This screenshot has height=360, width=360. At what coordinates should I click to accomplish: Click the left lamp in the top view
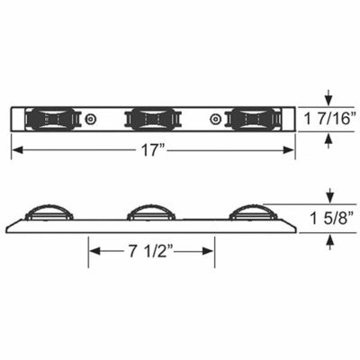(48, 119)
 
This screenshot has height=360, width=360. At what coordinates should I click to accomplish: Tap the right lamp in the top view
(253, 119)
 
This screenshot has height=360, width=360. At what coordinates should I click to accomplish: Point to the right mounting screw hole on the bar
(214, 119)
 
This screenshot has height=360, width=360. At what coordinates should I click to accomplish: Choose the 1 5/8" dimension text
(335, 220)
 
